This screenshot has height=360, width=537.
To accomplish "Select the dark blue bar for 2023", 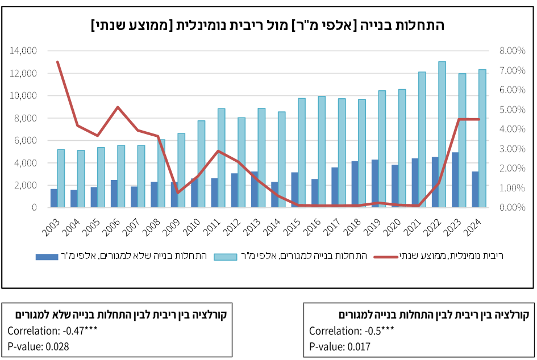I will (455, 180).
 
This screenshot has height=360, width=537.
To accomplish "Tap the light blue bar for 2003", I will (61, 178).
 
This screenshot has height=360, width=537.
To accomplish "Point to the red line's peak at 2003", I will (57, 62).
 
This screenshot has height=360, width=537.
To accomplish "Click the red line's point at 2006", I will (118, 107).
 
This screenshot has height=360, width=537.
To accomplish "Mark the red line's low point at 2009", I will (178, 192).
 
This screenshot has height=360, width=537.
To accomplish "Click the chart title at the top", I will (268, 26).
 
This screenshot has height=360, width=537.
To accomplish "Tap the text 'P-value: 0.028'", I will (39, 346).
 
